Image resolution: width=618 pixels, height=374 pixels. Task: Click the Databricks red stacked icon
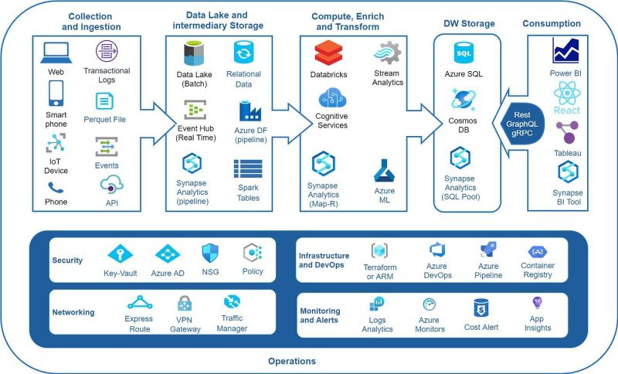pyautogui.click(x=328, y=53)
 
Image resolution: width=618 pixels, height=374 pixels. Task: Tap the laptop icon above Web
pyautogui.click(x=56, y=53)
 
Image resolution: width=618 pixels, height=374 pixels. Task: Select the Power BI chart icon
pyautogui.click(x=565, y=50)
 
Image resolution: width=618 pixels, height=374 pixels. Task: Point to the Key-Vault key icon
pyautogui.click(x=121, y=253)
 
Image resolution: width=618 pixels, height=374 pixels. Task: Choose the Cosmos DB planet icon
pyautogui.click(x=463, y=100)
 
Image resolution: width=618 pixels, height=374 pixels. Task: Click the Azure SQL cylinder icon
pyautogui.click(x=463, y=53)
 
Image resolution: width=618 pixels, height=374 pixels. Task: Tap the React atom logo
pyautogui.click(x=567, y=93)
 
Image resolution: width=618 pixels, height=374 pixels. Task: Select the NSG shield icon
pyautogui.click(x=210, y=253)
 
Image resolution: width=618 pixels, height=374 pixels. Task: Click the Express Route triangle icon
pyautogui.click(x=140, y=303)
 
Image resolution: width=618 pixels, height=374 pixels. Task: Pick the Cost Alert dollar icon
pyautogui.click(x=480, y=308)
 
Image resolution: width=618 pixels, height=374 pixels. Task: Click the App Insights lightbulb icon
pyautogui.click(x=537, y=303)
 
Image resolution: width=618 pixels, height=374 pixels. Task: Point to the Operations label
pyautogui.click(x=292, y=361)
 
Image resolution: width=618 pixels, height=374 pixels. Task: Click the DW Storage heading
pyautogui.click(x=469, y=24)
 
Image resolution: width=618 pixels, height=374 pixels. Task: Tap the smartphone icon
pyautogui.click(x=56, y=93)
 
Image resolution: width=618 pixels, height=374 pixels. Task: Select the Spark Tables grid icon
pyautogui.click(x=248, y=168)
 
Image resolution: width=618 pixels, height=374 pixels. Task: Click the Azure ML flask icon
pyautogui.click(x=384, y=171)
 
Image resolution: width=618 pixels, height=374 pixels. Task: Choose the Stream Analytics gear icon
pyautogui.click(x=388, y=53)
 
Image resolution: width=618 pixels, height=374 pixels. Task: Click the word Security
pyautogui.click(x=67, y=260)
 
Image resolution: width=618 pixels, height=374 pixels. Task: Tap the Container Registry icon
pyautogui.click(x=537, y=251)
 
